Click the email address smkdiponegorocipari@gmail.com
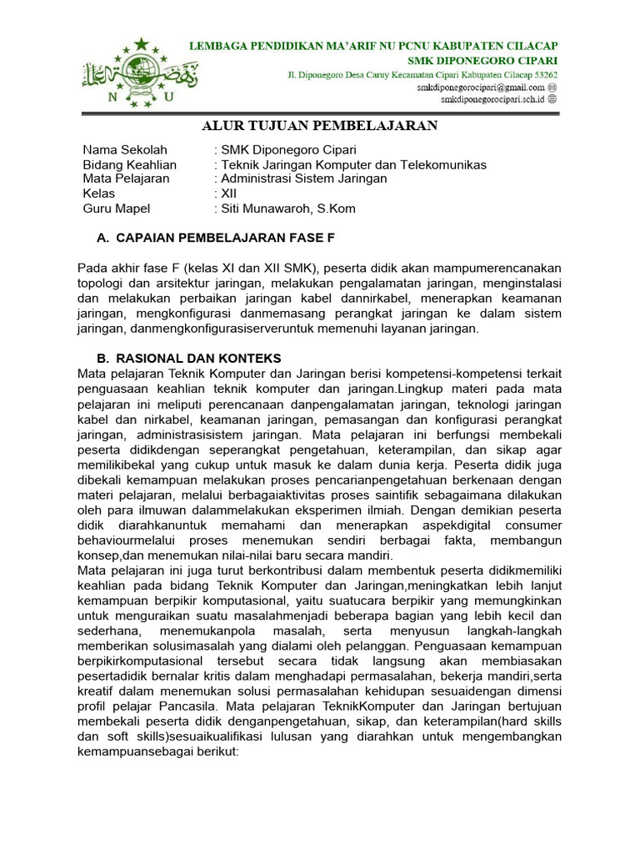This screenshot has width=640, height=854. [482, 87]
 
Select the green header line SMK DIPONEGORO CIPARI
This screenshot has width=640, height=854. [482, 60]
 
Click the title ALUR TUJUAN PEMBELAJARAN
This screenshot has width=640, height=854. [320, 126]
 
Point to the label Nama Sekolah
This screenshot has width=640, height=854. [125, 150]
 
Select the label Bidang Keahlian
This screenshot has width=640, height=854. [130, 164]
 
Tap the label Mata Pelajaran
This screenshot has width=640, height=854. [126, 178]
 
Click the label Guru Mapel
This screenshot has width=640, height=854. [117, 208]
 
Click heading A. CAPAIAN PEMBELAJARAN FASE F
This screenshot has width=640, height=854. [216, 238]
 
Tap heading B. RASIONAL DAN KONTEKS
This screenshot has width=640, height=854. [193, 357]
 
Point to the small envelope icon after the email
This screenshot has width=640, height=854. [552, 87]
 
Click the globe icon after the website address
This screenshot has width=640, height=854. [552, 98]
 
